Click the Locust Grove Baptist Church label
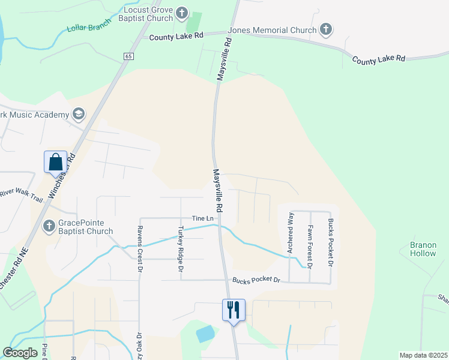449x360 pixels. coord(148,14)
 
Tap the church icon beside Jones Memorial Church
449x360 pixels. coord(325,29)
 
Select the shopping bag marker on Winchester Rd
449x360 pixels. coord(55,161)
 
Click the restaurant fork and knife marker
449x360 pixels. coord(234,310)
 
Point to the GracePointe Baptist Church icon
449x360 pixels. coord(49,227)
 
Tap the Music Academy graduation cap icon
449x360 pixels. coord(78,114)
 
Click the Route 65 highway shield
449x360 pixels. coord(129,56)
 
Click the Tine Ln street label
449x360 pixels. coord(203,218)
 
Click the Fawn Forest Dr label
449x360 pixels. coord(310,246)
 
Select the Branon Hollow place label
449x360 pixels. coord(423,249)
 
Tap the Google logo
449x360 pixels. coord(20,352)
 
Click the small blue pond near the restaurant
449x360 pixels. coord(205,334)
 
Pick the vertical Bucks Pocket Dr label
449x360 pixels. coord(330,242)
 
